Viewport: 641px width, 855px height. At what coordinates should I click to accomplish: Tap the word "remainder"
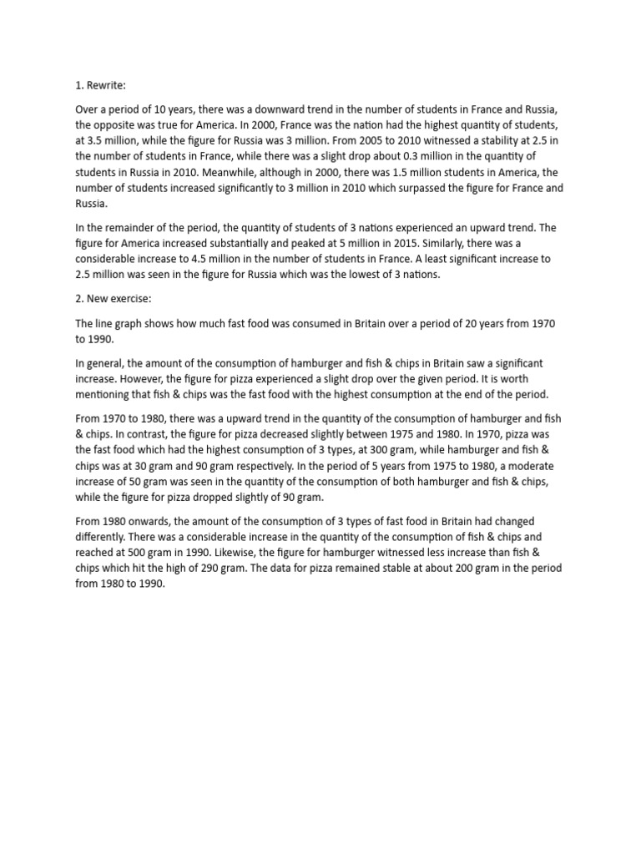click(x=121, y=227)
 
